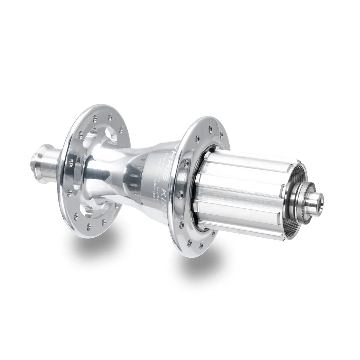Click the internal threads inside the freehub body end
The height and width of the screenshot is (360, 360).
pyautogui.click(x=297, y=180)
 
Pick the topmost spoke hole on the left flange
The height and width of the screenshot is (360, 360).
pyautogui.click(x=96, y=117)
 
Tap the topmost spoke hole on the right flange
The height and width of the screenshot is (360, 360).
pyautogui.click(x=209, y=127)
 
